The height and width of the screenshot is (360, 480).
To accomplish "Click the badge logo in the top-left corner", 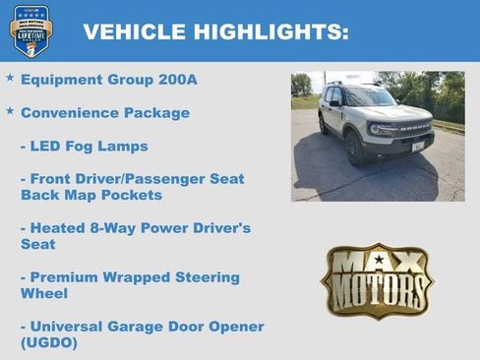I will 30,30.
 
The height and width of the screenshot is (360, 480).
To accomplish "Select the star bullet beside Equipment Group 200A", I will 10,77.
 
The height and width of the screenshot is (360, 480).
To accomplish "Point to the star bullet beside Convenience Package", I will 10,110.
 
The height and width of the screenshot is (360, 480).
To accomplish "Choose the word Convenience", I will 66,112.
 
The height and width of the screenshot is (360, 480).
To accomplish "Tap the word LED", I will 46,146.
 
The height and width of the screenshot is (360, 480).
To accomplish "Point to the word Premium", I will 68,277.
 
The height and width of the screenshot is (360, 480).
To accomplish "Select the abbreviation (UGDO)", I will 48,343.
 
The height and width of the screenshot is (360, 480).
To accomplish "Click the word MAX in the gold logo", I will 377,262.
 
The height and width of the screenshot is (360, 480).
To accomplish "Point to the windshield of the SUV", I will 368,98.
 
